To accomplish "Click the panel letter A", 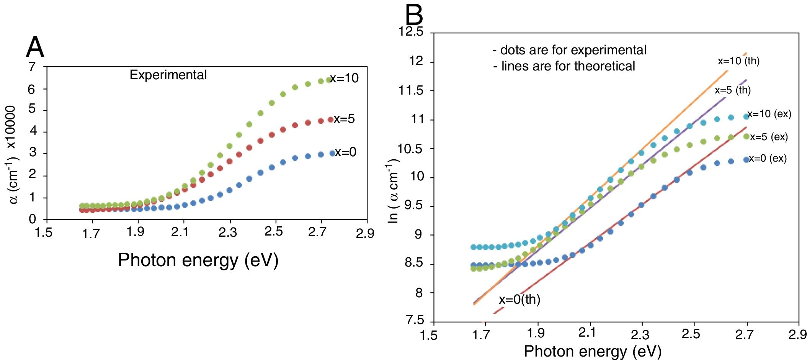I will [x=35, y=48].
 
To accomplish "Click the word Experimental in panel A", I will [x=168, y=75].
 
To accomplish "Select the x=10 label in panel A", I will [x=344, y=78].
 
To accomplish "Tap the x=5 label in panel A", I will [x=344, y=119].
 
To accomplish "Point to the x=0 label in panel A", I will [x=345, y=152].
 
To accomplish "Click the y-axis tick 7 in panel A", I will [x=32, y=67].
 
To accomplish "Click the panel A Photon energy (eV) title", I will [x=198, y=260].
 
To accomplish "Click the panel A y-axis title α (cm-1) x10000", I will [x=12, y=155].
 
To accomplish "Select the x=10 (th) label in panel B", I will [x=738, y=61].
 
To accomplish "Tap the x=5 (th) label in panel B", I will [x=733, y=90].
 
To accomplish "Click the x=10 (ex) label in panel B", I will [x=769, y=114].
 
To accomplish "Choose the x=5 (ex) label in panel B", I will [x=769, y=137].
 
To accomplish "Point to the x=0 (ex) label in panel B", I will [x=768, y=158].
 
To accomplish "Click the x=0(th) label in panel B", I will [x=519, y=299].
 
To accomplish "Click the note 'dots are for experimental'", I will [x=569, y=50].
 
